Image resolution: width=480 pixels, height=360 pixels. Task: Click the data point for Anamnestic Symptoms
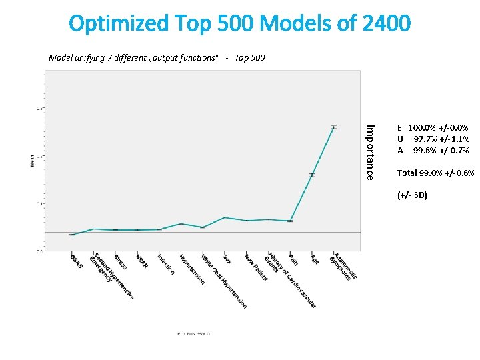click(x=333, y=127)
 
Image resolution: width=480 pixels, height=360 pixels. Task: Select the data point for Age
click(x=311, y=175)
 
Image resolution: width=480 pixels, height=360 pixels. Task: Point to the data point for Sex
click(x=225, y=217)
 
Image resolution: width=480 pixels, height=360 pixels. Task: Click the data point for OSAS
click(x=72, y=235)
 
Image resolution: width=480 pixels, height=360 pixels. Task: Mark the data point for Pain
click(x=290, y=221)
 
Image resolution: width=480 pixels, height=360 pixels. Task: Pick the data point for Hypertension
click(x=181, y=223)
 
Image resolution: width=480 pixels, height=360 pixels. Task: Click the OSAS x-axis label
click(x=77, y=262)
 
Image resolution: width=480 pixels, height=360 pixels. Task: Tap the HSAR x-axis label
click(x=141, y=261)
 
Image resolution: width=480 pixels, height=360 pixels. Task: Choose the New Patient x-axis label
click(x=255, y=267)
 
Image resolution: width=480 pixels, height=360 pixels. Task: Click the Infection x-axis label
click(x=165, y=264)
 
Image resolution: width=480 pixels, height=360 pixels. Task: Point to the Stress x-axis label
click(x=120, y=261)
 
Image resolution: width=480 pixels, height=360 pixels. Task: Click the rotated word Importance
click(x=371, y=152)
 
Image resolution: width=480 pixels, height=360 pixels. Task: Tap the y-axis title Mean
click(x=33, y=161)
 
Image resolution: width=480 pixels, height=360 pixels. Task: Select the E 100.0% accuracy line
click(x=433, y=127)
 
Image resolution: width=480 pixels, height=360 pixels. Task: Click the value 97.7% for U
click(x=425, y=139)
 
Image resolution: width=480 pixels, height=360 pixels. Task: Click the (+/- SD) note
click(x=411, y=195)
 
